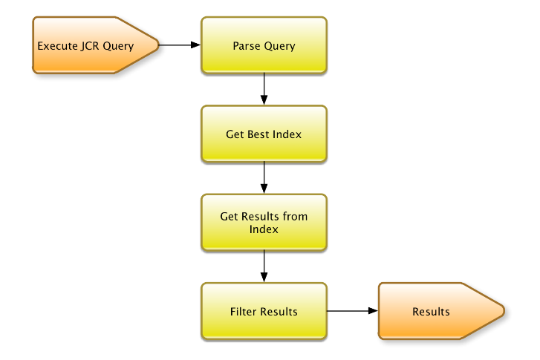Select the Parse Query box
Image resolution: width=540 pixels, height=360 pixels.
click(264, 46)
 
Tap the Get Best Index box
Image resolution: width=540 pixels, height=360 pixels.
click(264, 134)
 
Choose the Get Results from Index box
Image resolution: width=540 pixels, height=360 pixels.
click(264, 223)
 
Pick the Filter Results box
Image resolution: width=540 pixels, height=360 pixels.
click(264, 311)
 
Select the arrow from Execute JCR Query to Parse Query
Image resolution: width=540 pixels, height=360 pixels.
click(180, 45)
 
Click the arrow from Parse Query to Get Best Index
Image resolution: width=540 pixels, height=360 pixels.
click(264, 90)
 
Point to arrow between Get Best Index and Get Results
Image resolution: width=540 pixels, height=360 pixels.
click(264, 178)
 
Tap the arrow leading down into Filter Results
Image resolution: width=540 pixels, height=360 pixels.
click(264, 266)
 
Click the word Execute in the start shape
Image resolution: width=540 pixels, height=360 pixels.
click(57, 46)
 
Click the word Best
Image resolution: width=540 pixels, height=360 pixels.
click(258, 134)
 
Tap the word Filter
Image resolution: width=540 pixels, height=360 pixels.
click(244, 311)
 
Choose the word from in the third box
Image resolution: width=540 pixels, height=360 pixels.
click(295, 217)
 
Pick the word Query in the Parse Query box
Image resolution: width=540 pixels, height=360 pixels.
click(280, 46)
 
